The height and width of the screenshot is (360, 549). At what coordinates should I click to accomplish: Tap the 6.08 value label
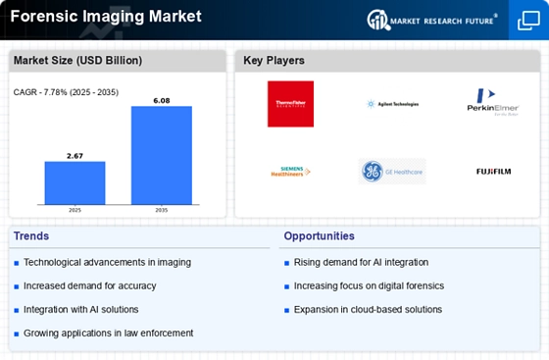(162, 99)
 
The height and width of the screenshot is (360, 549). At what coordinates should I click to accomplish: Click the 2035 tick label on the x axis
(162, 210)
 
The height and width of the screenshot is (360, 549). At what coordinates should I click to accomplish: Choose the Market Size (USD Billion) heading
(76, 61)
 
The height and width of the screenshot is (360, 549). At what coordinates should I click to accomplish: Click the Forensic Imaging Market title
(104, 17)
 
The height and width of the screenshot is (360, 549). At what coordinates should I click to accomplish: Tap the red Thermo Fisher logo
(290, 104)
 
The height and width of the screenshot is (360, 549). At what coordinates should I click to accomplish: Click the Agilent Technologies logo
(392, 103)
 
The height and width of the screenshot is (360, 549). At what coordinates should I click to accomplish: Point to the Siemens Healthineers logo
(290, 172)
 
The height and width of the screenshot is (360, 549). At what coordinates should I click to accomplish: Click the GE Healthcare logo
(392, 172)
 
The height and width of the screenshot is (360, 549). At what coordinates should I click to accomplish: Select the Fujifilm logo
(495, 172)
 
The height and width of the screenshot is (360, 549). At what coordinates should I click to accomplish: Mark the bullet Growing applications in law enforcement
(108, 333)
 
